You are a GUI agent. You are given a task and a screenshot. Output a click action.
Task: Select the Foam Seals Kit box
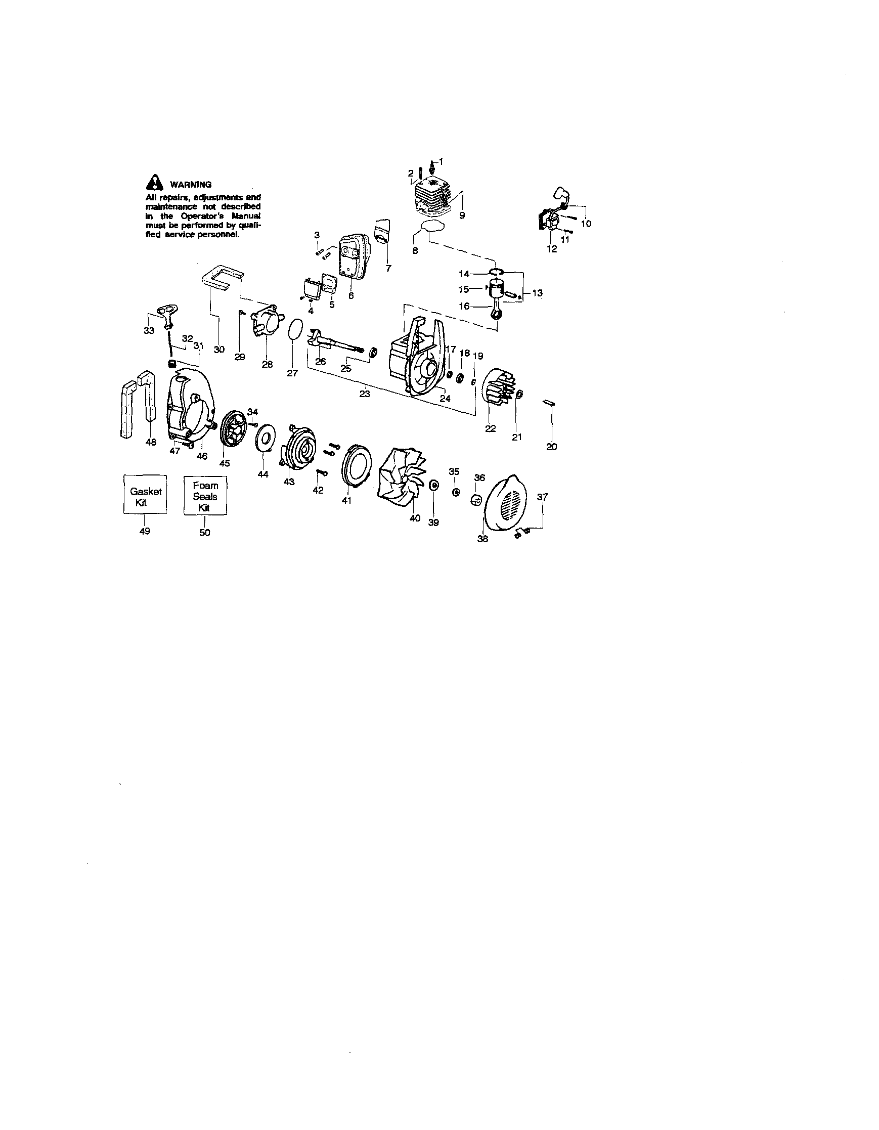205,496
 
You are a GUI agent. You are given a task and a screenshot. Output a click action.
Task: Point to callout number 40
415,518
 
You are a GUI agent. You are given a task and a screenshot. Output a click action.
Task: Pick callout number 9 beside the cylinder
462,216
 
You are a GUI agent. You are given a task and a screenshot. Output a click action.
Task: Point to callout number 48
151,442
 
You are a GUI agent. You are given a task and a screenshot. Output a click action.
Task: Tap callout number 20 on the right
551,447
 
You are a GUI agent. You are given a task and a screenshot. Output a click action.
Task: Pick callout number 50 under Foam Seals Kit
205,533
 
